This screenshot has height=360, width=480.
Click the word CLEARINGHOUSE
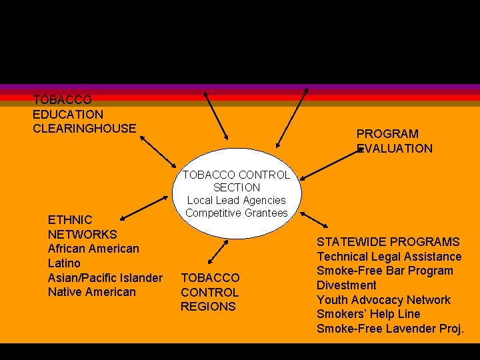point(84,128)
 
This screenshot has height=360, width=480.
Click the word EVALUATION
point(395,149)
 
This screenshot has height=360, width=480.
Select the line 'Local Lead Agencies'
point(236,200)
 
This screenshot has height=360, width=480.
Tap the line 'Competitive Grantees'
point(237,213)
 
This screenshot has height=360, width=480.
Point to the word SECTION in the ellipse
point(237,187)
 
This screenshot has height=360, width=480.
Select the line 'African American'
point(93,249)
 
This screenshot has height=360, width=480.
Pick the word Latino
point(64,263)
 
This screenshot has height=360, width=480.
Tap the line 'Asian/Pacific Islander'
point(105,277)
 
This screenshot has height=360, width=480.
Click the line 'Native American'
point(91,292)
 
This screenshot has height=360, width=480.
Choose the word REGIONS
point(208,307)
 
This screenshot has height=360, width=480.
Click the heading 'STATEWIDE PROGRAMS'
point(388,242)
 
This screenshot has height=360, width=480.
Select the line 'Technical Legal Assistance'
point(389,257)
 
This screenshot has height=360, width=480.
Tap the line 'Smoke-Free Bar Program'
point(385,271)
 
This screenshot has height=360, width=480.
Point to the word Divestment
point(346,285)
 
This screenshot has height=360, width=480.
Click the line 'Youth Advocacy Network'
point(383,300)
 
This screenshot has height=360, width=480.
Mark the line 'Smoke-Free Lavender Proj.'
point(390,329)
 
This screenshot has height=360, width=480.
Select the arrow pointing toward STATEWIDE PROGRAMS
point(313,220)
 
